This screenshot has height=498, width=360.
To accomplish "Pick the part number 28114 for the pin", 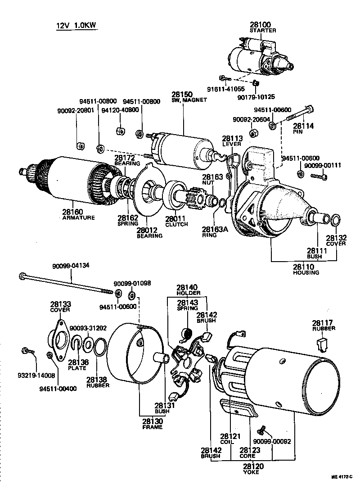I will coord(303,126).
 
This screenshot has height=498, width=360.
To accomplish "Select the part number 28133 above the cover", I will coord(60,305).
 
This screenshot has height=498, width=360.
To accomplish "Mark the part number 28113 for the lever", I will coord(232,138).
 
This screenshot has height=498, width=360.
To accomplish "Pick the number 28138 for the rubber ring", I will coord(97,379).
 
